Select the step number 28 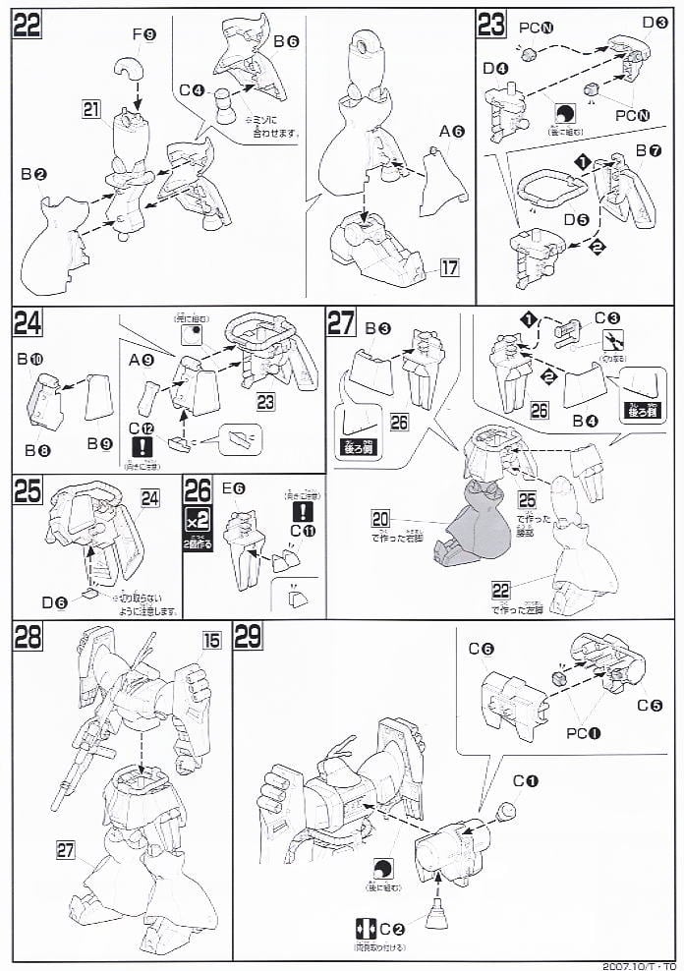28,637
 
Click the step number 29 248,637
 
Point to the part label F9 143,35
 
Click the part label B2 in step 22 38,174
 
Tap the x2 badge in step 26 198,520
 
